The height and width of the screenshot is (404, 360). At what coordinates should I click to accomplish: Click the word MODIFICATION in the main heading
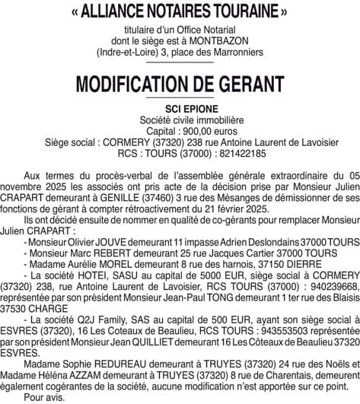click(142, 83)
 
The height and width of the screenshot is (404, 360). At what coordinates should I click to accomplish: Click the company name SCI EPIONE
click(180, 109)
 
